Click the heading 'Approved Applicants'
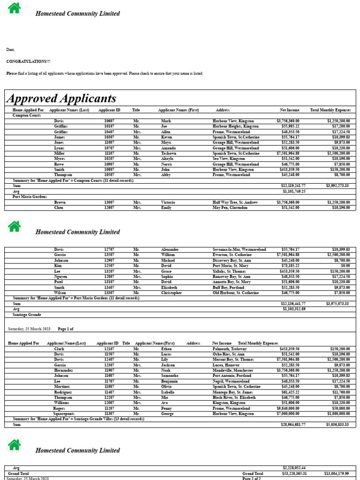click(61, 98)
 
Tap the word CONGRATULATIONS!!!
click(29, 61)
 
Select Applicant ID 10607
click(109, 121)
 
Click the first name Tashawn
click(169, 153)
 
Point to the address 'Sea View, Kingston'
click(229, 159)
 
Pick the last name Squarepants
click(64, 414)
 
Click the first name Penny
click(166, 408)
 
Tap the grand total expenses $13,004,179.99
click(336, 474)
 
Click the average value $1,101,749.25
click(294, 191)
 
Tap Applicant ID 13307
click(109, 293)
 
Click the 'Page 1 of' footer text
click(66, 329)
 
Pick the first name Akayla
click(168, 159)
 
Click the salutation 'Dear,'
click(11, 49)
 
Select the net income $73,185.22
click(290, 266)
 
